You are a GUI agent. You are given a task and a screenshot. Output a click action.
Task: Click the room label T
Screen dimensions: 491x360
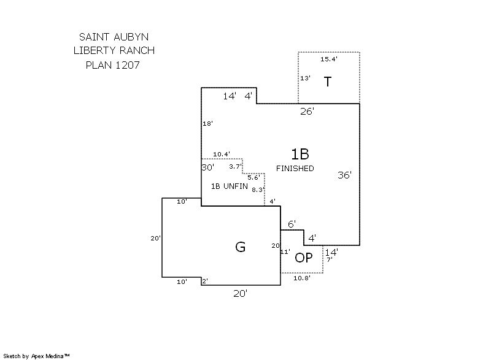click(x=328, y=82)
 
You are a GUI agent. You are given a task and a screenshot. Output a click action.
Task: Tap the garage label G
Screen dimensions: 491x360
click(x=240, y=247)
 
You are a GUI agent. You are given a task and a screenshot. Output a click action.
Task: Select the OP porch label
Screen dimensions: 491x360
click(x=304, y=258)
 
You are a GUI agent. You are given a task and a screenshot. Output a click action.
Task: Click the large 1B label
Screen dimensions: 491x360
click(x=300, y=154)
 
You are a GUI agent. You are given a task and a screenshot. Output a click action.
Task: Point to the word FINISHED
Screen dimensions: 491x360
click(x=295, y=169)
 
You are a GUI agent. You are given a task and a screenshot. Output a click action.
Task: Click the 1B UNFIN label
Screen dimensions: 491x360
click(x=230, y=186)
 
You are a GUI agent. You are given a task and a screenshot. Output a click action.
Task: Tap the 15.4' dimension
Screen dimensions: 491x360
click(x=329, y=59)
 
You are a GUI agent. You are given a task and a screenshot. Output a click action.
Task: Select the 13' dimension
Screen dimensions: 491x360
click(x=305, y=78)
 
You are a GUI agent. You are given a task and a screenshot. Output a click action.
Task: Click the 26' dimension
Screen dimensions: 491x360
click(x=307, y=112)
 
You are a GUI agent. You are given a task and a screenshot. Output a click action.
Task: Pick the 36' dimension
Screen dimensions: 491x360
click(x=345, y=175)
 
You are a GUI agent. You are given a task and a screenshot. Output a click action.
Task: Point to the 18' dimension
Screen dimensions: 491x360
click(x=208, y=123)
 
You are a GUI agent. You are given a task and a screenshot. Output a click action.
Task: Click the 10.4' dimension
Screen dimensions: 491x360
click(x=222, y=154)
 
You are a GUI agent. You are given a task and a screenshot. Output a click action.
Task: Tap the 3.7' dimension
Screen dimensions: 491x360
click(x=235, y=167)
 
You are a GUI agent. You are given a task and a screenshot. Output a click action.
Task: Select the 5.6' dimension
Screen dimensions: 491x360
click(x=253, y=178)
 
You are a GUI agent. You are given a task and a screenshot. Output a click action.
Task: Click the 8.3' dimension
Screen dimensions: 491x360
click(x=258, y=190)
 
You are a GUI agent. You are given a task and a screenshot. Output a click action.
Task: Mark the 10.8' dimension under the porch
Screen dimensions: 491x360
click(x=302, y=278)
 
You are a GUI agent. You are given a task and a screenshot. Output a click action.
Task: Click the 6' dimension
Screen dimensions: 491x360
click(x=292, y=224)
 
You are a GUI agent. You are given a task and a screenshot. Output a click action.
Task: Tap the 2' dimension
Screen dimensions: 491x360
click(x=205, y=281)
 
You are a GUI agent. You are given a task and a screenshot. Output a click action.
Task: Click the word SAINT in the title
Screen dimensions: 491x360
click(x=95, y=37)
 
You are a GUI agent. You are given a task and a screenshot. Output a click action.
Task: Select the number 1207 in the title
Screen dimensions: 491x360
click(x=128, y=65)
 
